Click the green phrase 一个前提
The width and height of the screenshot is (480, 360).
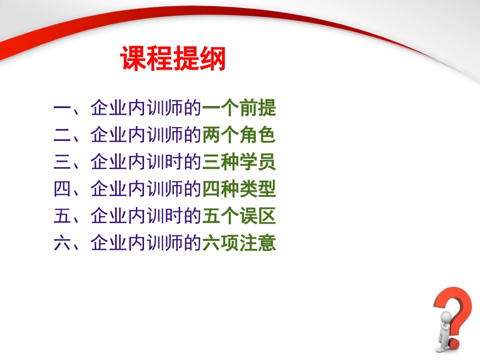click(238, 108)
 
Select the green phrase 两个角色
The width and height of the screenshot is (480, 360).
click(238, 135)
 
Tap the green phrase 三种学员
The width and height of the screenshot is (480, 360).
click(238, 163)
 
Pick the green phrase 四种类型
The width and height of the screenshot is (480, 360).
click(238, 190)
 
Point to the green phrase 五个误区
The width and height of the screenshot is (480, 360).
click(238, 217)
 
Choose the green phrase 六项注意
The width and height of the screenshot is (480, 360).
click(238, 244)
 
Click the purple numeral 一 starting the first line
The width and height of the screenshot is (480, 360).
click(62, 109)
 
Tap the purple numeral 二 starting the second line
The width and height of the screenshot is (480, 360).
click(62, 135)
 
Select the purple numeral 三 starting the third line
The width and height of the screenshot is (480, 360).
click(62, 163)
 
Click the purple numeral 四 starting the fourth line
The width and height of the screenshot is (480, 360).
click(62, 190)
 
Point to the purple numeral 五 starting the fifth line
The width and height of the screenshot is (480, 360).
click(62, 217)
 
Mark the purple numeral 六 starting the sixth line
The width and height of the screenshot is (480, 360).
click(62, 244)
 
